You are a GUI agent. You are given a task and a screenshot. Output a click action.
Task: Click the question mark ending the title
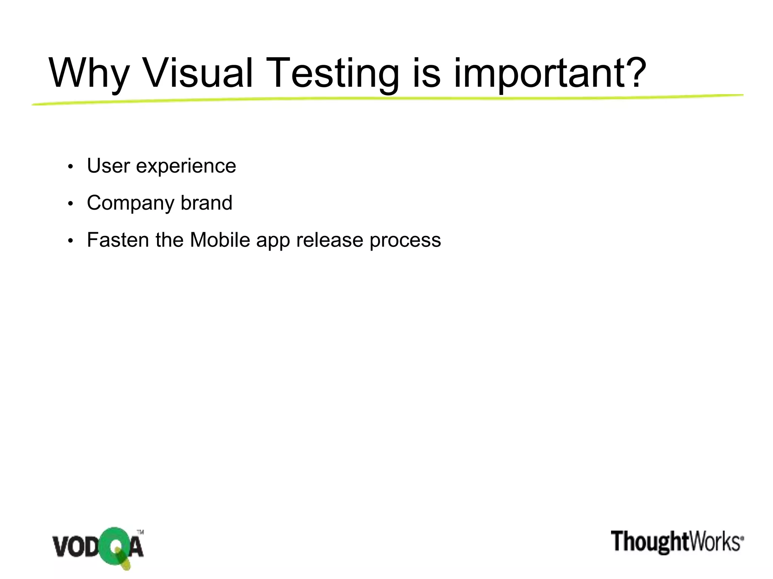click(634, 72)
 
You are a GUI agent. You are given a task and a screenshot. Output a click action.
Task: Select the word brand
click(206, 202)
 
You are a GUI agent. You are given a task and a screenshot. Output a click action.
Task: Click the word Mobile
click(220, 240)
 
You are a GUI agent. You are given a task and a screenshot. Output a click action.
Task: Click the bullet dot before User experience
click(70, 167)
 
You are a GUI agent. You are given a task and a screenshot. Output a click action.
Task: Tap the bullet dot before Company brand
click(70, 204)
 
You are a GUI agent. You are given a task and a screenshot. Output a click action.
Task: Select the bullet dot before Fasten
click(70, 241)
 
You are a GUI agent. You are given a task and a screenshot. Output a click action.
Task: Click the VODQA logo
click(98, 548)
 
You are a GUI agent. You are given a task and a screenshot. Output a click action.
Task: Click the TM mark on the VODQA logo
click(140, 532)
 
